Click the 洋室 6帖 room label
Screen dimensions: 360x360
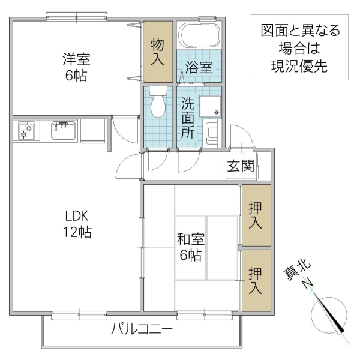(77, 67)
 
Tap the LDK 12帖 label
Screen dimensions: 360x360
(78, 224)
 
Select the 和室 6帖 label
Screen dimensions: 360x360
(190, 247)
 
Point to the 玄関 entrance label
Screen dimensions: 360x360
(240, 166)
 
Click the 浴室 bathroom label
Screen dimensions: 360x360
(198, 67)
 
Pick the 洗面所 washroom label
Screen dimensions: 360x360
(188, 118)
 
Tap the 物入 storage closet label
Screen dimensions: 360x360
(157, 52)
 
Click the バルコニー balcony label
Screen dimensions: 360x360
(142, 329)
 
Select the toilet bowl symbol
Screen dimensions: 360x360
(158, 103)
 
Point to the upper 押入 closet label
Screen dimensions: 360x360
(256, 215)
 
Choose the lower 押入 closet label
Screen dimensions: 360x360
(256, 280)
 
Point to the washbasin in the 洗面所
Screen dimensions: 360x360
(210, 133)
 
